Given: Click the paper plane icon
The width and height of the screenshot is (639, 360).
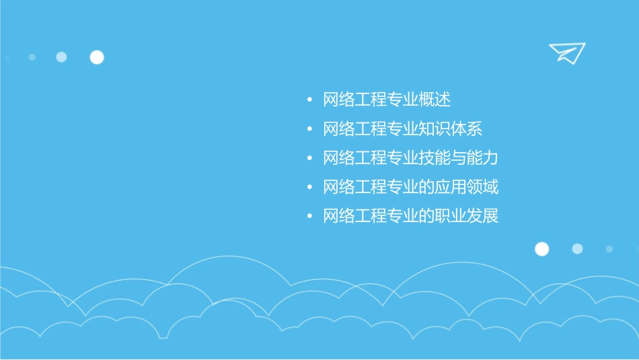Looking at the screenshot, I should (566, 52).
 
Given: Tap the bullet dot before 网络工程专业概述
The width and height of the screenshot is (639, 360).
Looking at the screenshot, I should (309, 100).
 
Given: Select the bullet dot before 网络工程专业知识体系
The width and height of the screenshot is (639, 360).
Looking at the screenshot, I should (309, 130).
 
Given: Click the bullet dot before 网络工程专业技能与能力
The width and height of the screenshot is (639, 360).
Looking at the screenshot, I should (309, 159).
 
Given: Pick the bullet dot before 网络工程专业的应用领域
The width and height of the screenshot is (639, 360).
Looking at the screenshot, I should (309, 188).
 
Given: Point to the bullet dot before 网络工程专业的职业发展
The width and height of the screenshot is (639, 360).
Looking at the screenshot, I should (309, 217).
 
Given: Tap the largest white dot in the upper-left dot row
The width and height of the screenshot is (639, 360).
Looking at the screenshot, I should (97, 57).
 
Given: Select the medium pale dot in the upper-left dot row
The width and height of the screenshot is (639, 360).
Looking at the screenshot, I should (61, 57).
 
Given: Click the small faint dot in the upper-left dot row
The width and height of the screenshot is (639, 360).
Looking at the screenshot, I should (32, 57).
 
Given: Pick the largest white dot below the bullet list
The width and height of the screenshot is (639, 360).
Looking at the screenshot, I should (541, 249).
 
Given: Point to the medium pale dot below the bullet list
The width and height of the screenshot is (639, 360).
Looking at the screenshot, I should (577, 249).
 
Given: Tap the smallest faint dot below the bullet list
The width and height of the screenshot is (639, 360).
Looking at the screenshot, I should (609, 249).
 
